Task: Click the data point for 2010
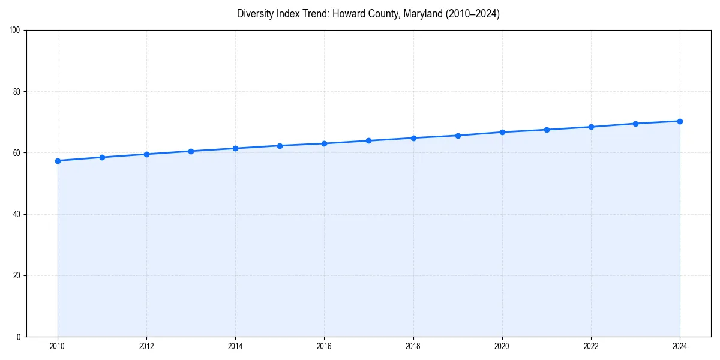click(x=58, y=161)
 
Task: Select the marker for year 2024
click(x=680, y=121)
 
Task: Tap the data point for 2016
click(x=324, y=143)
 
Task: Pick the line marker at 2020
click(x=502, y=132)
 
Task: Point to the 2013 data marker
click(x=191, y=151)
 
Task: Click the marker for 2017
click(x=368, y=140)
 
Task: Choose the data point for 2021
click(x=547, y=130)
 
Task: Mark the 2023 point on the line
click(x=635, y=124)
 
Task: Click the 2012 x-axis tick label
click(x=146, y=346)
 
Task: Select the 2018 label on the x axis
click(x=413, y=346)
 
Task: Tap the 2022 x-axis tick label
click(x=591, y=346)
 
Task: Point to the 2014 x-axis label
click(x=235, y=346)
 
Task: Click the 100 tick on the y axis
click(x=16, y=31)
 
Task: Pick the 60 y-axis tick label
click(x=17, y=153)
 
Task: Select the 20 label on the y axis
click(x=17, y=275)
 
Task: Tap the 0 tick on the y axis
click(x=19, y=337)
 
